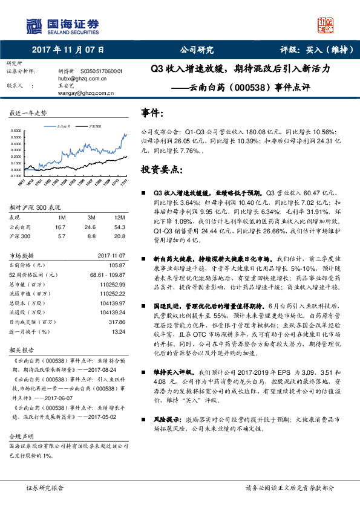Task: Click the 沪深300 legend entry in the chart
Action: pos(94,126)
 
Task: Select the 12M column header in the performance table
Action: pos(119,218)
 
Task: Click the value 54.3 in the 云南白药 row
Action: pos(119,227)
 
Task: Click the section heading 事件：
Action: pos(151,113)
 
